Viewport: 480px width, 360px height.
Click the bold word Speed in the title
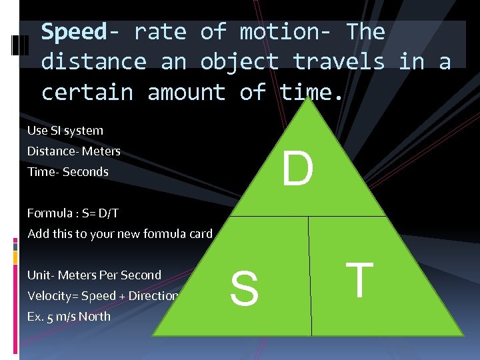pos(73,32)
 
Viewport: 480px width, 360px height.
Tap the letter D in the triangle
pos(297,170)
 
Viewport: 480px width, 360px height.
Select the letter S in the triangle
pos(244,289)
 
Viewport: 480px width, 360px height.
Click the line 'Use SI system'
pos(65,131)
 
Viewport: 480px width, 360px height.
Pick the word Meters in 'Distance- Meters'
pos(101,151)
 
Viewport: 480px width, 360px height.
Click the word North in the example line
pos(95,317)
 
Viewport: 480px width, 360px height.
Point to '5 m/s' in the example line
pos(61,317)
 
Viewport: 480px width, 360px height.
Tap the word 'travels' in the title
pos(339,62)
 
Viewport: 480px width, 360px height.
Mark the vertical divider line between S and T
pos(310,280)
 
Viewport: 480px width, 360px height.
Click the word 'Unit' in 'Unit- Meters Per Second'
pos(38,275)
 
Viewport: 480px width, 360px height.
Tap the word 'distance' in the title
pos(94,62)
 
